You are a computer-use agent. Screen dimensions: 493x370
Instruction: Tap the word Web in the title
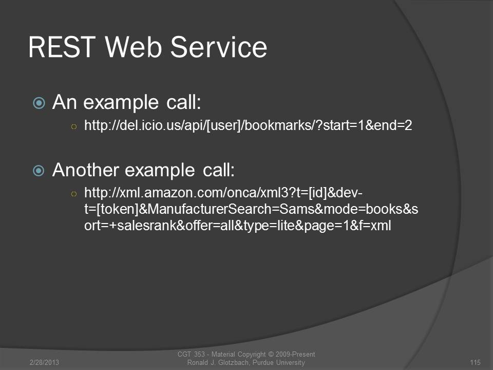[134, 47]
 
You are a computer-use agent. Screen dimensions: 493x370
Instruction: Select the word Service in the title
[219, 47]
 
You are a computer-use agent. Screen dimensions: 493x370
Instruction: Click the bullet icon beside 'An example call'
[39, 103]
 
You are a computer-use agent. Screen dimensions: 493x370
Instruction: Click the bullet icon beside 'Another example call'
[39, 171]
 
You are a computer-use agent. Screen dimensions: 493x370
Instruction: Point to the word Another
[86, 170]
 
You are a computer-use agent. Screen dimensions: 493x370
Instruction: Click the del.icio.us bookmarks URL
[248, 125]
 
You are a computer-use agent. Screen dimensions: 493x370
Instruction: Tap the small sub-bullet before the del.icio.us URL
[74, 127]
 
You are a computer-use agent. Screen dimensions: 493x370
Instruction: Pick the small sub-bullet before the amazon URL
[74, 194]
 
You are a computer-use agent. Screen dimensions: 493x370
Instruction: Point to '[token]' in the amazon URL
[117, 209]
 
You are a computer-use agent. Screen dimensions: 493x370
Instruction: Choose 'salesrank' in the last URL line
[147, 226]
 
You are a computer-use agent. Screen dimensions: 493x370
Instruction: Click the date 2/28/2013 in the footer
[44, 362]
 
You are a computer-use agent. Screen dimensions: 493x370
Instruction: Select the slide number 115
[475, 362]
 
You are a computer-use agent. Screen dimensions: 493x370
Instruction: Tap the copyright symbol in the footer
[271, 355]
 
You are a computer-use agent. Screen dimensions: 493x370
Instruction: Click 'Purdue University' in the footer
[278, 363]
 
